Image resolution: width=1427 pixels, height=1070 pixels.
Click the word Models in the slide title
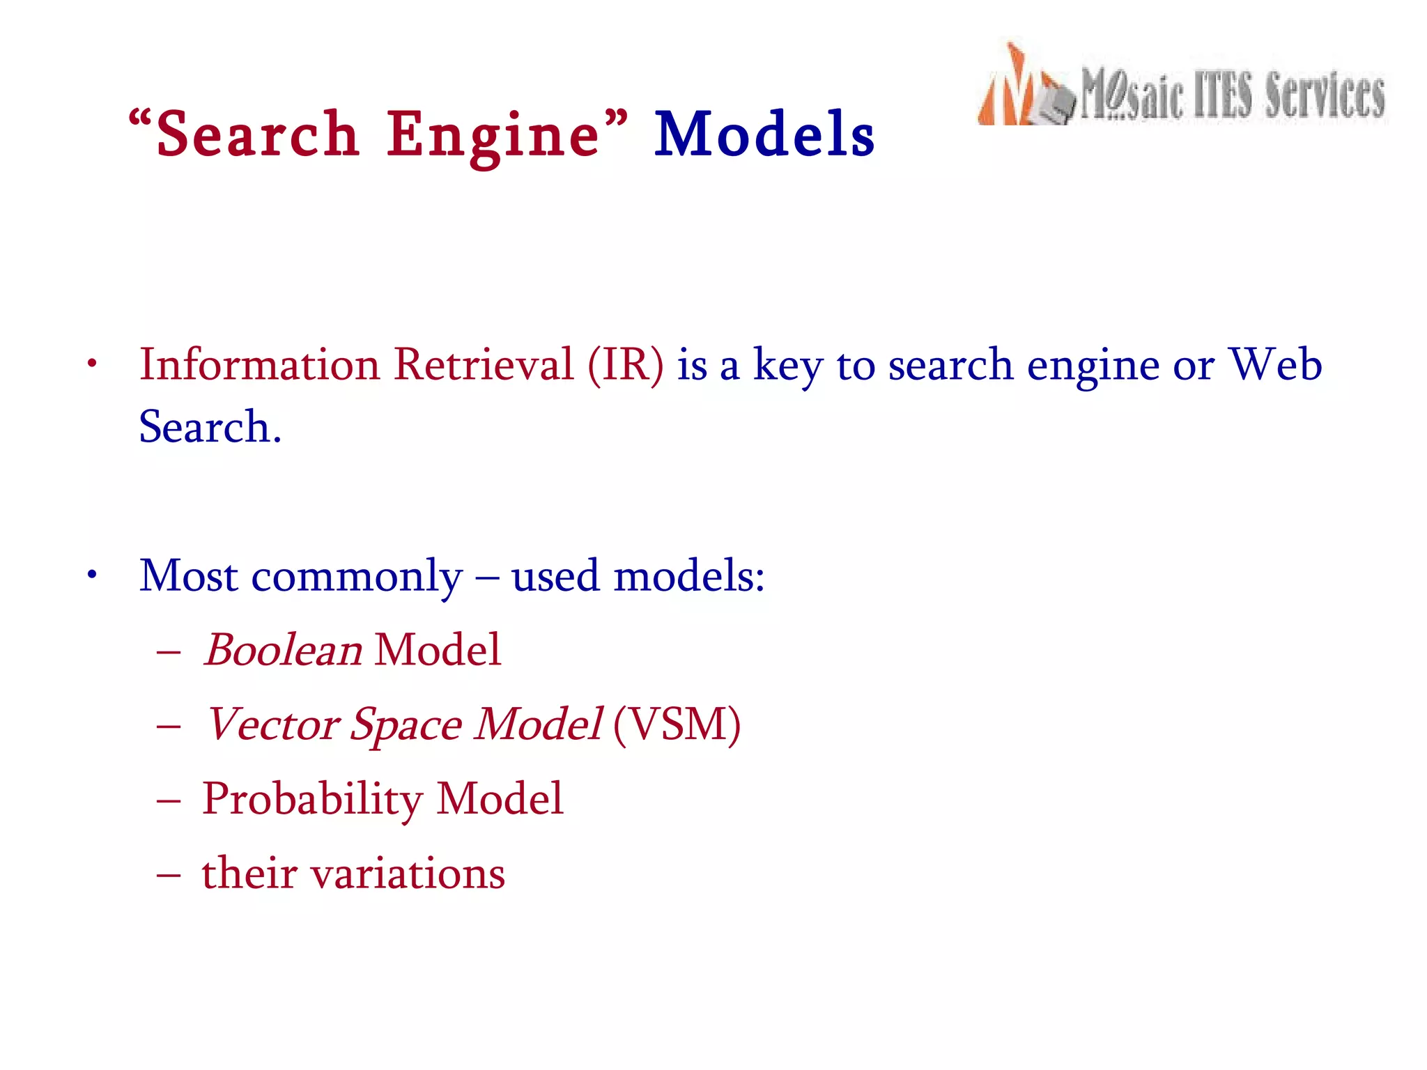point(764,134)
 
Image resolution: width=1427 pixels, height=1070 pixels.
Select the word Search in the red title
point(257,134)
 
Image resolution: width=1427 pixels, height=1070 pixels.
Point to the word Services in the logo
point(1325,95)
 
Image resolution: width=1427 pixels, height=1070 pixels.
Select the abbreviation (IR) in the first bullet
point(625,364)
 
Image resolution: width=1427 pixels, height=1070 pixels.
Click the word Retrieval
point(484,364)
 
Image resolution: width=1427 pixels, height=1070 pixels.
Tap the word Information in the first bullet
point(259,364)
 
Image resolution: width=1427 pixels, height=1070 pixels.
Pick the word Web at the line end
point(1274,364)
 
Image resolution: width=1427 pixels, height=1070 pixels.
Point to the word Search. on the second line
point(210,426)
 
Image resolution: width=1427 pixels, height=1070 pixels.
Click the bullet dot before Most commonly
point(91,575)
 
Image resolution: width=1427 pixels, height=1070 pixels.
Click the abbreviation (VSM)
point(677,724)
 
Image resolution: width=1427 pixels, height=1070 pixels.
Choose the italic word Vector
point(272,724)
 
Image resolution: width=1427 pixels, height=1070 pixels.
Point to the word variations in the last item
point(408,874)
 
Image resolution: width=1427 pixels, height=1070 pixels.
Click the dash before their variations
point(169,874)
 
